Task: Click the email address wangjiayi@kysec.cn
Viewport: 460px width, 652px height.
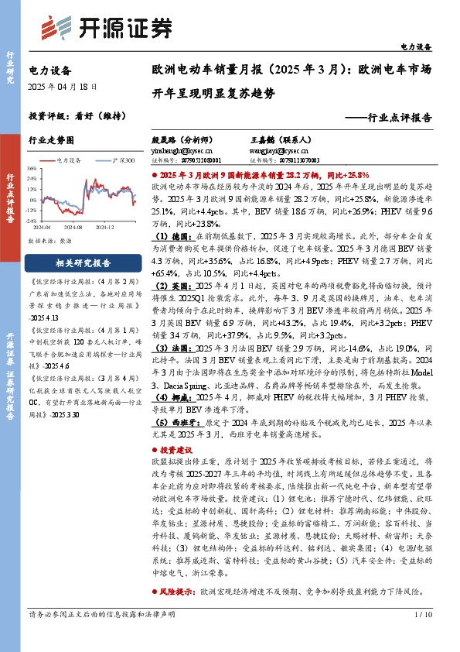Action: tap(279, 151)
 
